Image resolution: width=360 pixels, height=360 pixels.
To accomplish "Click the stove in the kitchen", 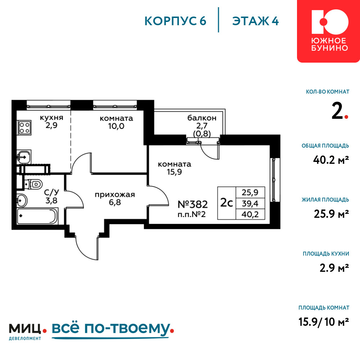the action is point(24,128).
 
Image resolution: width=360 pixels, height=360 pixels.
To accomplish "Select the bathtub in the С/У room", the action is point(37,216).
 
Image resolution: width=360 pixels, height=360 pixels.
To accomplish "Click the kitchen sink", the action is point(24,157).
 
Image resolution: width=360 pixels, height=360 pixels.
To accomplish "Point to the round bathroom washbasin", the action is point(22,201).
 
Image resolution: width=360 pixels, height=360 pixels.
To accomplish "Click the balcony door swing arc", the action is point(208,154).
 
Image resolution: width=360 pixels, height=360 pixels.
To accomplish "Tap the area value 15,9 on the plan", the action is point(175,172).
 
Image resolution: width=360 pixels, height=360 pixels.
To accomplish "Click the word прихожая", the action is point(115,195).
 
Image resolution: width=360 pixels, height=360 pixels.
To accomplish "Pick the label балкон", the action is point(202,118).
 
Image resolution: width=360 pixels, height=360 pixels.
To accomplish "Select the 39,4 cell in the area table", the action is point(250,203).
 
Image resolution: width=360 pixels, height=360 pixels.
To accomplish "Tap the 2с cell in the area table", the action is point(226,203).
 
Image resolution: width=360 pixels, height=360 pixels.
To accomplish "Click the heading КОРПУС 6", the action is point(175,21).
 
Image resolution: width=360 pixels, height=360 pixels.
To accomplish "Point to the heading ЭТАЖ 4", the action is point(255,21).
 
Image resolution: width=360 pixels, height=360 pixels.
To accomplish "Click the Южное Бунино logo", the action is point(329,31).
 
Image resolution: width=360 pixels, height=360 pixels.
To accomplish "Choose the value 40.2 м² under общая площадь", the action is point(331,160).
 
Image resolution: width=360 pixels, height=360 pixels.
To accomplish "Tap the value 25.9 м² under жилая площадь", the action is point(331,214).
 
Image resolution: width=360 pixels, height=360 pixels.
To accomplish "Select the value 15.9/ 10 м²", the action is point(324,321).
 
